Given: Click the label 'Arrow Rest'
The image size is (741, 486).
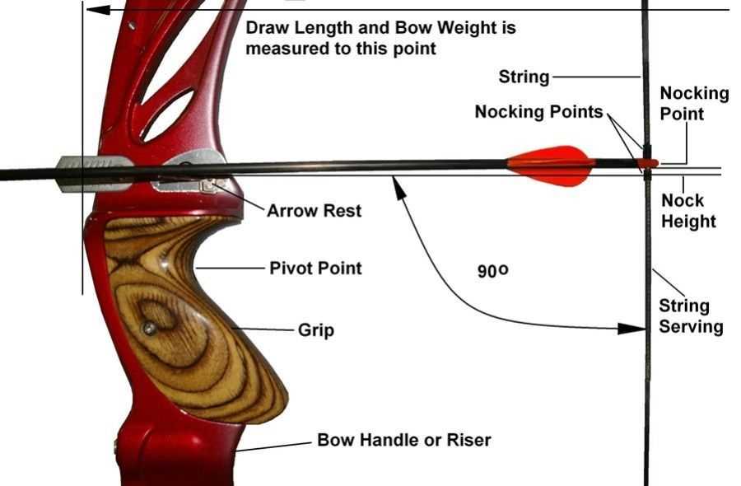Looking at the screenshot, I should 314,211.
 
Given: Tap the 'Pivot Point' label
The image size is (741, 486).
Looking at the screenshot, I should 315,268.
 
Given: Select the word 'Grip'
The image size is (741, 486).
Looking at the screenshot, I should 315,331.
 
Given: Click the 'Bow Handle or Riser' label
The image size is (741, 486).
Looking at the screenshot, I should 403,440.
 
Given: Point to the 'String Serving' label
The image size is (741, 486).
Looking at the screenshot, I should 690,316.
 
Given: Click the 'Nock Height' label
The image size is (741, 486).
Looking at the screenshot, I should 688,211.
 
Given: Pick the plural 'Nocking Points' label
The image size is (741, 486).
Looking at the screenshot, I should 539,112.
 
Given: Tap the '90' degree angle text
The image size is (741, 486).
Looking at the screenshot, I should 492,270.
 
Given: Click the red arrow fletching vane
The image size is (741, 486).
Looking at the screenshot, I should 552,164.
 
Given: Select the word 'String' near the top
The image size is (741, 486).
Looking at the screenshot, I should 524,77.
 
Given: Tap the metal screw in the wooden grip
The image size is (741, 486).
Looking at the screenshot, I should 149,329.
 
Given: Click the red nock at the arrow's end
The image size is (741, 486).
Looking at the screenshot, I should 648,163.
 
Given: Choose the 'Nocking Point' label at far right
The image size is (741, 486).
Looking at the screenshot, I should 694,103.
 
